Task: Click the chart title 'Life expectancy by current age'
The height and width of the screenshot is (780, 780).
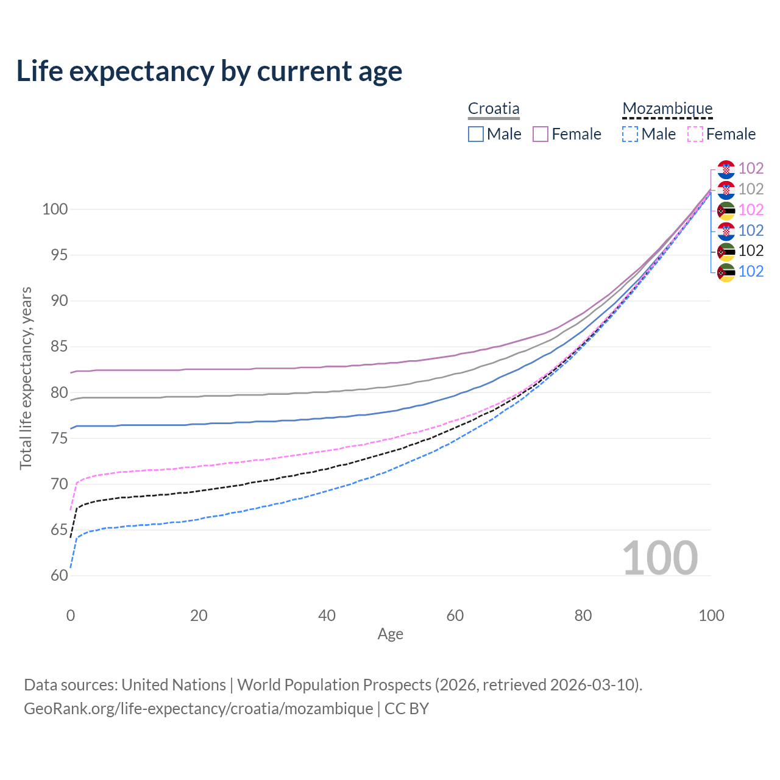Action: (209, 71)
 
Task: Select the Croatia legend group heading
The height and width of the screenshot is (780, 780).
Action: (494, 109)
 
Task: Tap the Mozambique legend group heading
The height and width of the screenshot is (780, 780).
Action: (667, 109)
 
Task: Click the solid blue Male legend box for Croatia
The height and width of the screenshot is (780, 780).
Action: (476, 134)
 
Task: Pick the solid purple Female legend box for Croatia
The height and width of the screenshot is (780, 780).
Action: (541, 134)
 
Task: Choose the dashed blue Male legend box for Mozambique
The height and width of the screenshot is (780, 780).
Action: (630, 134)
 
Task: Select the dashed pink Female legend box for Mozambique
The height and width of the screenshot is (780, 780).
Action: (695, 134)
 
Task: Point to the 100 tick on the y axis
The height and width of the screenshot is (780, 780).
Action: (55, 209)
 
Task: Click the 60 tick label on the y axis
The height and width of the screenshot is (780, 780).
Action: (59, 575)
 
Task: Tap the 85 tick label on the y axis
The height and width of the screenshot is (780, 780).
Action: (59, 347)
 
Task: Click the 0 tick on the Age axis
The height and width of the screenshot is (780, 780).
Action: (71, 615)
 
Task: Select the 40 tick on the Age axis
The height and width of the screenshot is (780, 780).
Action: (327, 615)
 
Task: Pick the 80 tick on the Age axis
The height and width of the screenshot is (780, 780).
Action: (583, 615)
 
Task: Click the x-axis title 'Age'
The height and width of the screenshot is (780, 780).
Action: (390, 634)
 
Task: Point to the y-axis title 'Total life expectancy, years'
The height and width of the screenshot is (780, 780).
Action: (26, 378)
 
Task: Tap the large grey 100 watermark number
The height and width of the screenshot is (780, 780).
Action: (660, 558)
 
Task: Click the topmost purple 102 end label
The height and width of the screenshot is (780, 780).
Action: (751, 168)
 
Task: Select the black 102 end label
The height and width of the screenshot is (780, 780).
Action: (751, 250)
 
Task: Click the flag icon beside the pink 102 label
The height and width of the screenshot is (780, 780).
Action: (726, 210)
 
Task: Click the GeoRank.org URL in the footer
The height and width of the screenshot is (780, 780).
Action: (199, 709)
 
